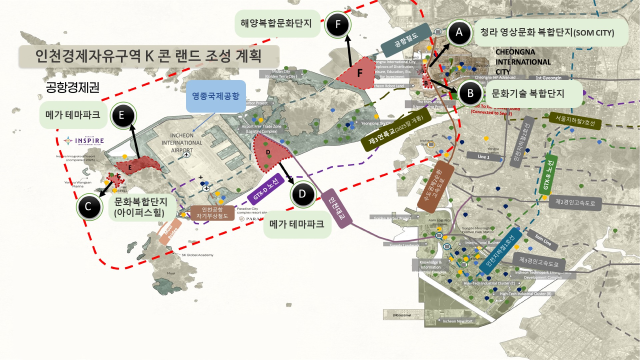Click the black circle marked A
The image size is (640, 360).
point(459,33)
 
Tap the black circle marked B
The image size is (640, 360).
point(469,93)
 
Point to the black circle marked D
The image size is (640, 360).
point(306,196)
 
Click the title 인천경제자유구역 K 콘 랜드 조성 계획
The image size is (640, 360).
point(141,55)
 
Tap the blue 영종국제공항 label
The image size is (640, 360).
point(214,98)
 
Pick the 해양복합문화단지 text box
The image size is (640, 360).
point(275,20)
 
